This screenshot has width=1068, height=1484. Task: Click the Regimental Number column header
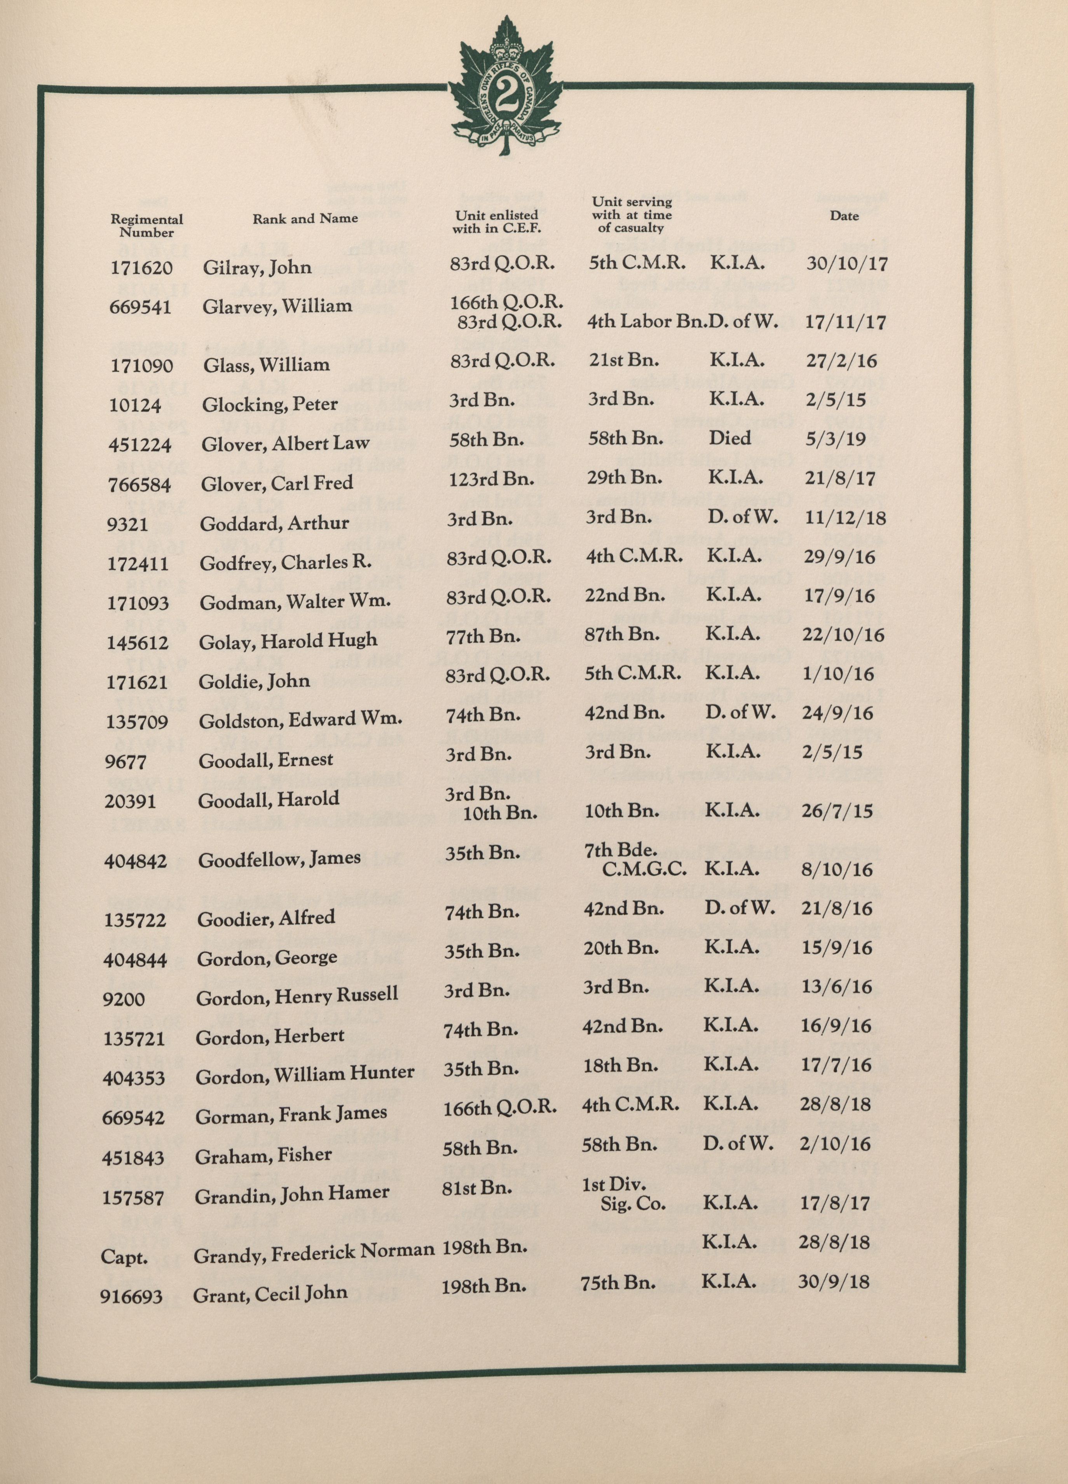[x=147, y=226]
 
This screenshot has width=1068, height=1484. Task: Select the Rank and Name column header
[x=305, y=218]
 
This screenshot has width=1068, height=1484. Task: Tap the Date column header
[x=844, y=216]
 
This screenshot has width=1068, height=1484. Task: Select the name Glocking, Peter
[x=270, y=405]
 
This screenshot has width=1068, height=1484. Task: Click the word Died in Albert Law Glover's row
[x=729, y=438]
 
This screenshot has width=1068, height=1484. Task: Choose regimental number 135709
[x=137, y=722]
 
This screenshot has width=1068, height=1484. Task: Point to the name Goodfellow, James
[x=279, y=859]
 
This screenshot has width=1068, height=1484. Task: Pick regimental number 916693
[x=131, y=1296]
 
